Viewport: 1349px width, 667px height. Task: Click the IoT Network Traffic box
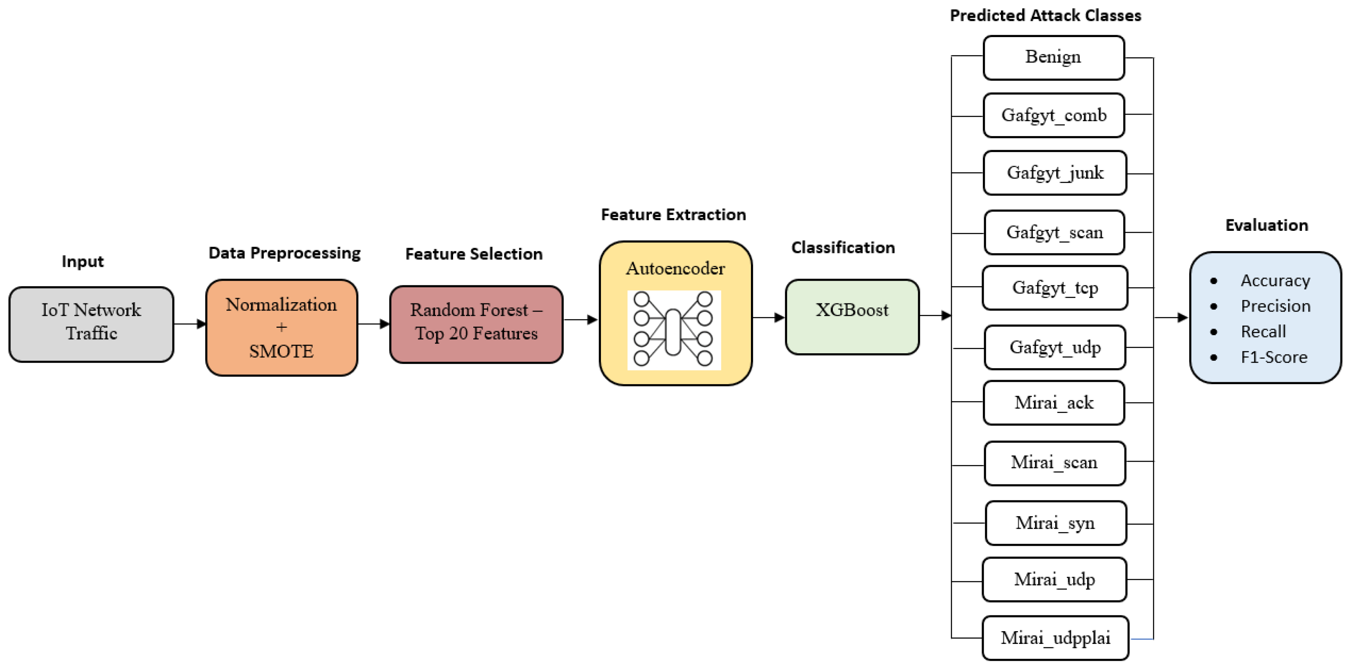click(91, 324)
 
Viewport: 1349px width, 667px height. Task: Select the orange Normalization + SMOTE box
click(282, 327)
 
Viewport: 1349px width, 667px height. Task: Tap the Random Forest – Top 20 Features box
click(476, 324)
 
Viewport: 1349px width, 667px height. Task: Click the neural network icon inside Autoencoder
click(673, 329)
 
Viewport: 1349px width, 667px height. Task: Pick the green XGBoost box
click(852, 317)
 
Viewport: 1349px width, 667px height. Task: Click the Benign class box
click(1053, 58)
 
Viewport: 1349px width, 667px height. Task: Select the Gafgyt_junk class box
click(1055, 173)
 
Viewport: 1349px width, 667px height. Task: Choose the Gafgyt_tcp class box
click(1055, 288)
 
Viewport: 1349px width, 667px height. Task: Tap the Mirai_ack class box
click(1054, 402)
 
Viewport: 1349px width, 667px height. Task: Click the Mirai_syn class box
click(1055, 523)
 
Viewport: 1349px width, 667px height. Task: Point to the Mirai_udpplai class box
click(1055, 638)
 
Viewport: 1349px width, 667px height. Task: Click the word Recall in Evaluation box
click(1262, 331)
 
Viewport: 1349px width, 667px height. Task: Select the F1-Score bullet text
click(1274, 357)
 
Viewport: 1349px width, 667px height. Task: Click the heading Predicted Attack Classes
click(1045, 15)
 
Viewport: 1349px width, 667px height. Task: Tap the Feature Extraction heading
click(673, 214)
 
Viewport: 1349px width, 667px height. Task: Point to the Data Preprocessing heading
click(284, 253)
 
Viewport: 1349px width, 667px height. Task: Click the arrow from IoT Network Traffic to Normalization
click(189, 324)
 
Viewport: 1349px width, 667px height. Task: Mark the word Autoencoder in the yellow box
click(675, 268)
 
